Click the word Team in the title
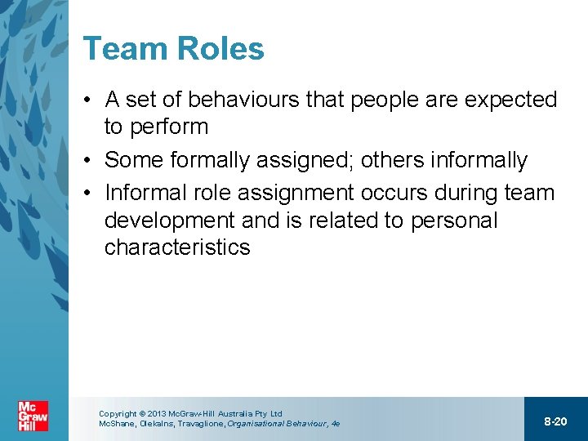(x=121, y=49)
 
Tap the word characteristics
(x=177, y=247)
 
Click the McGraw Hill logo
(x=33, y=415)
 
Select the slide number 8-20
(x=555, y=421)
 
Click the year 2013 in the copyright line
(x=155, y=414)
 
